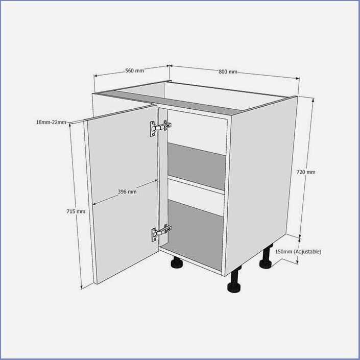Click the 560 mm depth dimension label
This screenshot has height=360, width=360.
[134, 70]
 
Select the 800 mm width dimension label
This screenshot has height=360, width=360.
[228, 71]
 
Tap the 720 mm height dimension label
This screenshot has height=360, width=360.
[306, 172]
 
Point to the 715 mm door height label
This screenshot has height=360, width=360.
[76, 211]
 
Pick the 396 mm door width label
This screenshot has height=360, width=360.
[127, 191]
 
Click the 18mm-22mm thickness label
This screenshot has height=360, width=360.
[51, 122]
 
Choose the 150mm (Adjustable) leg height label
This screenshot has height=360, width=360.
[298, 252]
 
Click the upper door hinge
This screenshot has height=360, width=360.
[160, 128]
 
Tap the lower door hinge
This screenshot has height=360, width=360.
[161, 233]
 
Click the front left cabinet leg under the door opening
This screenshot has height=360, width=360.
[177, 262]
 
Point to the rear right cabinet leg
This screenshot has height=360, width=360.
[266, 257]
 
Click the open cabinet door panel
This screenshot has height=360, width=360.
[124, 194]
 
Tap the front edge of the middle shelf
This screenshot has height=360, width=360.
[196, 185]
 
